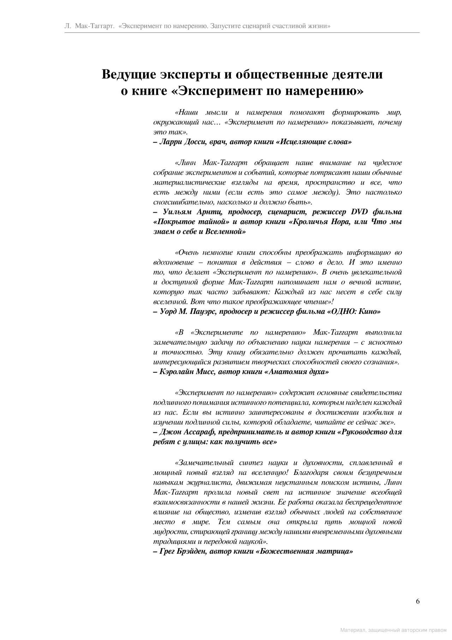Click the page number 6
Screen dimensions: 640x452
coord(418,601)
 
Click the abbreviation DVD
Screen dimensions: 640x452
coord(359,212)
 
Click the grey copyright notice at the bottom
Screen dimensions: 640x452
coord(393,630)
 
